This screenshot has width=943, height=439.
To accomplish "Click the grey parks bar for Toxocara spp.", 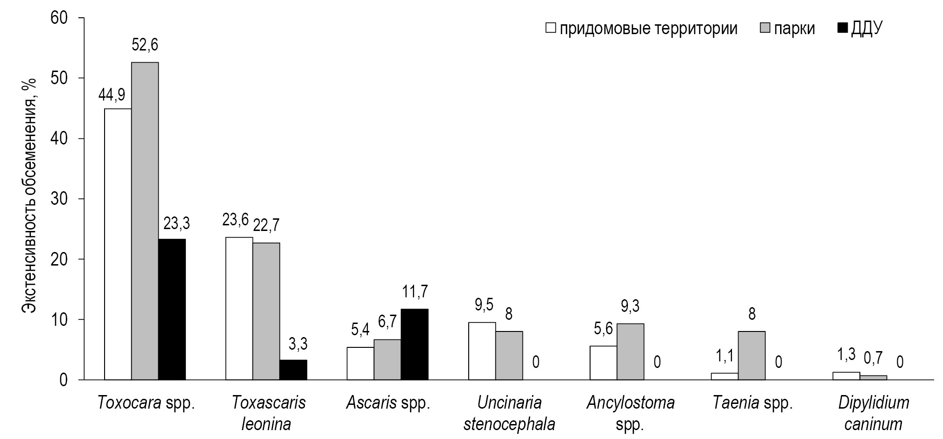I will [x=145, y=221].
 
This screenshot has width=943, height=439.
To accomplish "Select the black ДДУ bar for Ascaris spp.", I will [x=415, y=344].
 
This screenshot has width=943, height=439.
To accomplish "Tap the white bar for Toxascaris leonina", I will [x=239, y=309].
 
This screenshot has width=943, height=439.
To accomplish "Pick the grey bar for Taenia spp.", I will [x=752, y=355].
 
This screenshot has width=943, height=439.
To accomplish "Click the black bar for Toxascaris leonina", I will [x=293, y=370].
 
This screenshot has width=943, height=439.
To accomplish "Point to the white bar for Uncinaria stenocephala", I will [x=482, y=351].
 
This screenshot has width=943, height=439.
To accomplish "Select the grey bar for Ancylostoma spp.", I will [x=630, y=352].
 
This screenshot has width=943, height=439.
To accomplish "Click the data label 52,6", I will [x=145, y=45].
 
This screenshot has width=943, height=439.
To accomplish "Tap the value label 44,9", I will [x=112, y=95].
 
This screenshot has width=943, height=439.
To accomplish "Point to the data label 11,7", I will [x=415, y=292].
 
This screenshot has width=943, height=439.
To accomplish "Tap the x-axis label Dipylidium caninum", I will [x=873, y=413].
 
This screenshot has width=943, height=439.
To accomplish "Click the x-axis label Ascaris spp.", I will [x=388, y=403].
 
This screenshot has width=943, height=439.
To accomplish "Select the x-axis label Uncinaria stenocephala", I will [x=509, y=413].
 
